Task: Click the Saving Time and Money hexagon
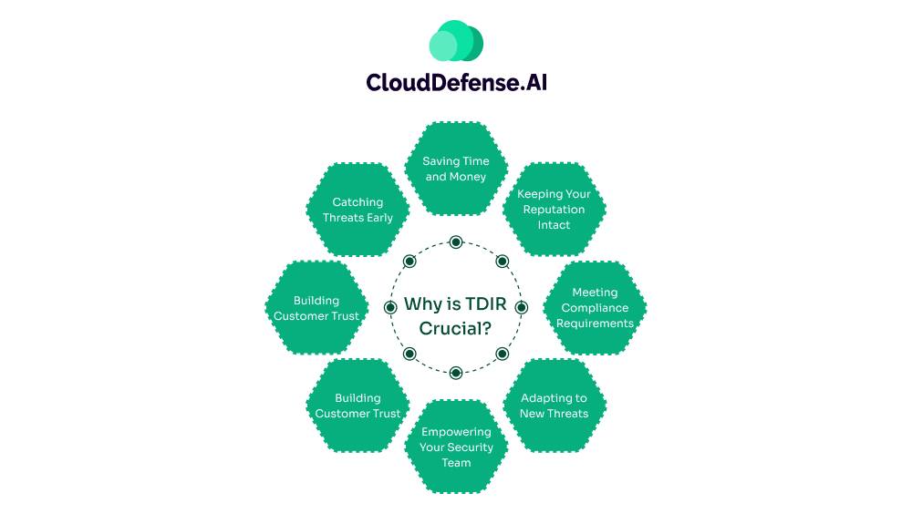456,169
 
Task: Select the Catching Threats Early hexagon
358,210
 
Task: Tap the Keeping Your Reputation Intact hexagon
554,210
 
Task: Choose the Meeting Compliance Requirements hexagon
595,308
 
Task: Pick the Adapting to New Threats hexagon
554,406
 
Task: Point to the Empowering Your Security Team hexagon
456,447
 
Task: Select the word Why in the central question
423,304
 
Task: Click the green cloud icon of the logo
456,41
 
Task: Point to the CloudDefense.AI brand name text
456,82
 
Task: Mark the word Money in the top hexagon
469,177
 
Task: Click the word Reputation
554,210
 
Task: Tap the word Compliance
595,308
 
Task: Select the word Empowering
456,432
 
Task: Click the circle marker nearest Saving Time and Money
456,242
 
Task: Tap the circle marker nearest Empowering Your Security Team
456,372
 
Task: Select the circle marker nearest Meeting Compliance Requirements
522,308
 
